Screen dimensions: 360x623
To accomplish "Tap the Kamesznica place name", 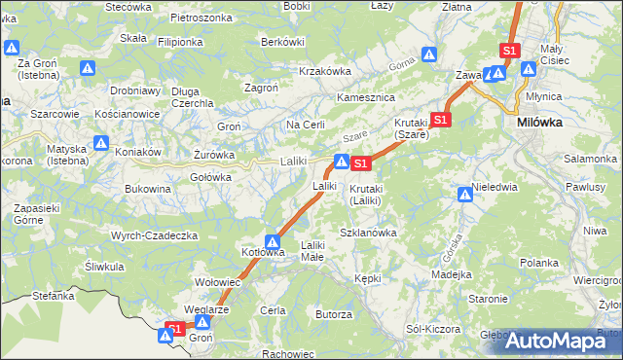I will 364,98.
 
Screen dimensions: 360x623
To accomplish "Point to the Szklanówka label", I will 368,234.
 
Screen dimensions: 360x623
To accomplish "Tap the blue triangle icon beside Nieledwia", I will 464,196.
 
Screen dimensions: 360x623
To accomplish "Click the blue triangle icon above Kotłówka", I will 274,242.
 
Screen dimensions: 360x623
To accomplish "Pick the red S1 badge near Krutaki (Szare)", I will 440,120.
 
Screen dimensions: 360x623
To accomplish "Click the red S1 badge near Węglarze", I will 174,328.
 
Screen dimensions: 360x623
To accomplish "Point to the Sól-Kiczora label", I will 433,329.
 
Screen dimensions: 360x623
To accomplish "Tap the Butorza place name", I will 333,314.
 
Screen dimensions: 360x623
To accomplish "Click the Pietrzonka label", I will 201,18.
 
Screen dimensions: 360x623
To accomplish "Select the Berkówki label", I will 282,42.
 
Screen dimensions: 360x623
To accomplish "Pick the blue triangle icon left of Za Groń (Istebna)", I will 12,48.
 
